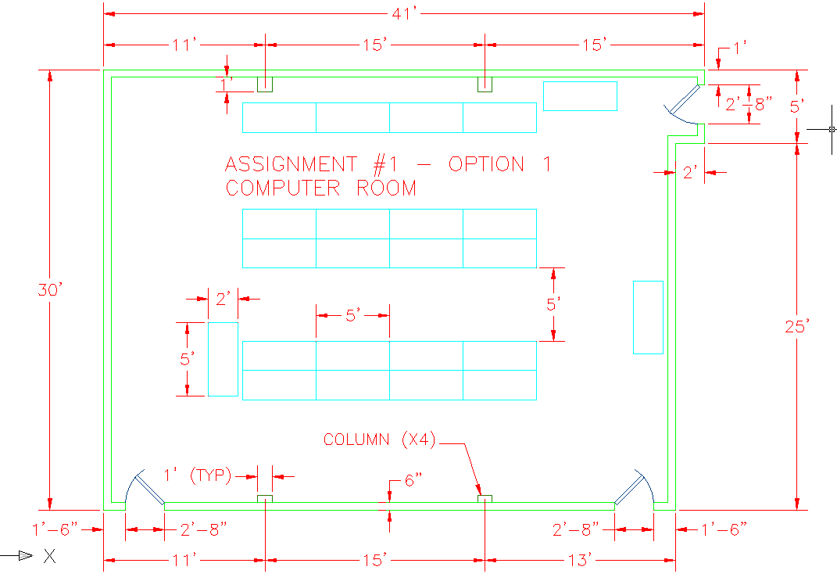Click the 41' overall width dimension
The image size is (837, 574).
(x=404, y=13)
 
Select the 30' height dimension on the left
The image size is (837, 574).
(x=48, y=290)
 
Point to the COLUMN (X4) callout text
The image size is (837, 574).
(x=380, y=440)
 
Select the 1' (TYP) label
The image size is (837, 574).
(x=197, y=475)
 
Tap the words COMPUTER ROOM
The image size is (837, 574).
(x=320, y=188)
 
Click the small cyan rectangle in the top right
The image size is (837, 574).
(x=580, y=95)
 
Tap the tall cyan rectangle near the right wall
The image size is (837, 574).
(x=648, y=317)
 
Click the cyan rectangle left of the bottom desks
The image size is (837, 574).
(x=223, y=359)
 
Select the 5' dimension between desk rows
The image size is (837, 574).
(x=553, y=304)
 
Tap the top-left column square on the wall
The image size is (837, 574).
(x=266, y=84)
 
